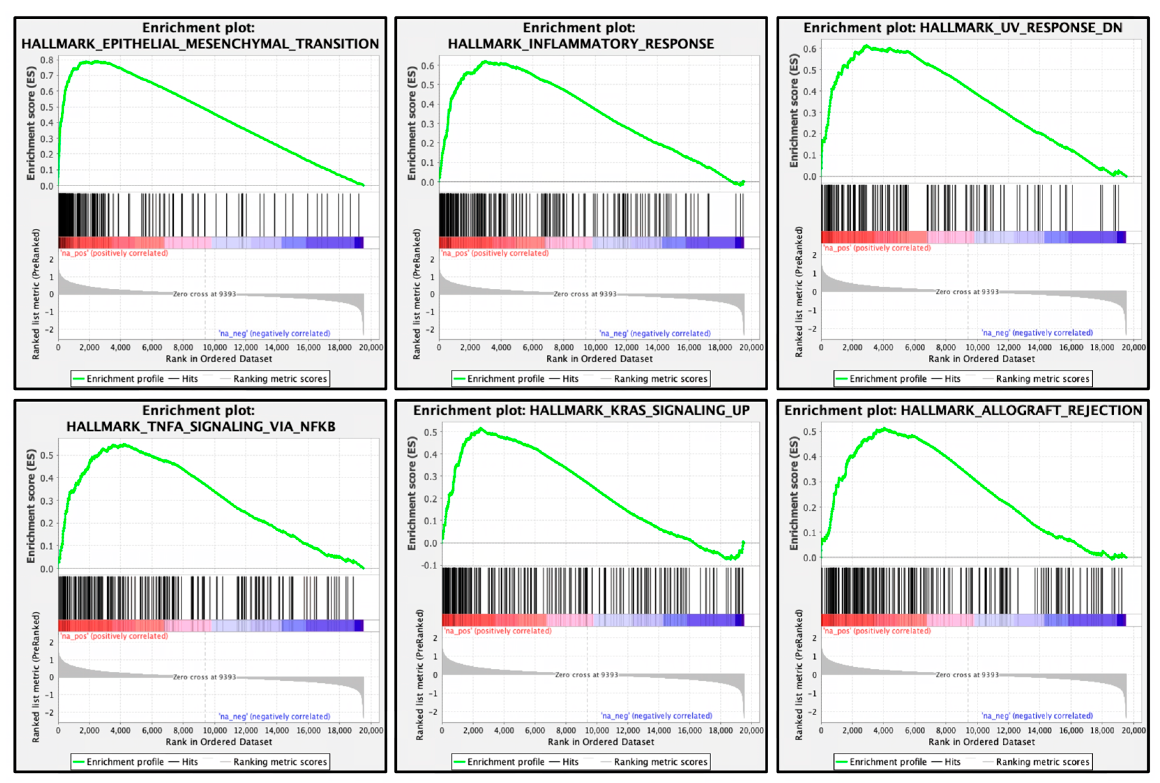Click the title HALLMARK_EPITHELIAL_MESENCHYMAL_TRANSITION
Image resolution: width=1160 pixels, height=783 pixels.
tap(200, 44)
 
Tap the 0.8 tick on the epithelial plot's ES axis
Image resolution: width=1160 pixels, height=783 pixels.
tap(47, 60)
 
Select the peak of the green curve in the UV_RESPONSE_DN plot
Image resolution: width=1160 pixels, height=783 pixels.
tap(867, 46)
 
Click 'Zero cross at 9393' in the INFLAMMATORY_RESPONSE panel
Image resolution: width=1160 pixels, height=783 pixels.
tap(585, 294)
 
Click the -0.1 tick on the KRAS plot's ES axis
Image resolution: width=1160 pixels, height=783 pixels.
tap(429, 565)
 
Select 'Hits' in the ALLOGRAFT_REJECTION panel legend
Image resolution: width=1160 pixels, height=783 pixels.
tap(952, 761)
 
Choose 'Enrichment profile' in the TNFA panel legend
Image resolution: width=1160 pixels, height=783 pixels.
tap(125, 761)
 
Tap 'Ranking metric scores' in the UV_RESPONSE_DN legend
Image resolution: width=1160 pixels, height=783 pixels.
tap(1042, 378)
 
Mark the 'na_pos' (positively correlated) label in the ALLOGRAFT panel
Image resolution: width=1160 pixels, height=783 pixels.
tap(876, 631)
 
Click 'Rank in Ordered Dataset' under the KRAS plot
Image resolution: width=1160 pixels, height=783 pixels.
tap(601, 741)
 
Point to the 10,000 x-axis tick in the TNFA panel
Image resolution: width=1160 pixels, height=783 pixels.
tap(214, 730)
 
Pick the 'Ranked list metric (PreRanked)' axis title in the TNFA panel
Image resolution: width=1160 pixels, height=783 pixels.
tap(36, 677)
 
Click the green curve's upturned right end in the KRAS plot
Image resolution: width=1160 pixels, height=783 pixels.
tap(744, 543)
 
